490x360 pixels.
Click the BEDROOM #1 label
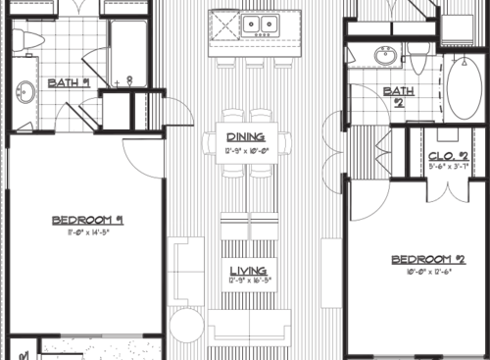(87, 221)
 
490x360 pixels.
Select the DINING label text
(246, 136)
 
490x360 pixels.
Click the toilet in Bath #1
(30, 39)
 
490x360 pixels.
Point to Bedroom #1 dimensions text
(87, 233)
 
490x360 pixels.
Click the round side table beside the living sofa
(182, 324)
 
